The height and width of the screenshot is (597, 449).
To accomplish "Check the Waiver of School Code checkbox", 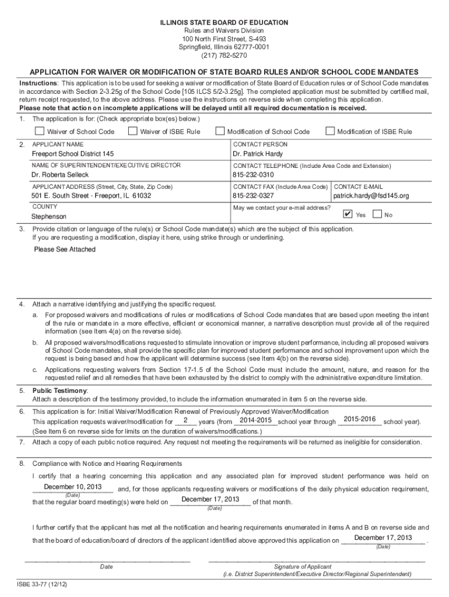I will click(x=39, y=131).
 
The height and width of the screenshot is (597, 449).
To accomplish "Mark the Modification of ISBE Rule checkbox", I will click(x=330, y=131).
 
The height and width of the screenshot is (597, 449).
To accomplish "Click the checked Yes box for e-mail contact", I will click(x=348, y=214).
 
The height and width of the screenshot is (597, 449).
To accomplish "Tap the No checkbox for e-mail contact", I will click(x=377, y=214).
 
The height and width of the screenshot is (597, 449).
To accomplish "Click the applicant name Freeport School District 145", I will click(x=73, y=154).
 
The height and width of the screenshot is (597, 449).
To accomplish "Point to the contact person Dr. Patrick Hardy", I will click(x=258, y=154).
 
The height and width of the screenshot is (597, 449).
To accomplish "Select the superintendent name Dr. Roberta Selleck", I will click(x=60, y=175).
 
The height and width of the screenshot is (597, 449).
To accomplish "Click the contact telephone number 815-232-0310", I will click(x=253, y=175).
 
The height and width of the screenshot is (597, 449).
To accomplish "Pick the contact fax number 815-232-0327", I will click(x=253, y=196).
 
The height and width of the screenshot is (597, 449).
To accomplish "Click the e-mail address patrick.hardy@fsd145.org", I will click(x=371, y=196).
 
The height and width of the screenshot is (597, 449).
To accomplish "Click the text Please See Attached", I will click(x=65, y=250).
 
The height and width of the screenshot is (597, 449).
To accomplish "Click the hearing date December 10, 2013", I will click(x=73, y=487).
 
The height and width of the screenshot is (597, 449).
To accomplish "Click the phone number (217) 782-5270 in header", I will click(x=224, y=56).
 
